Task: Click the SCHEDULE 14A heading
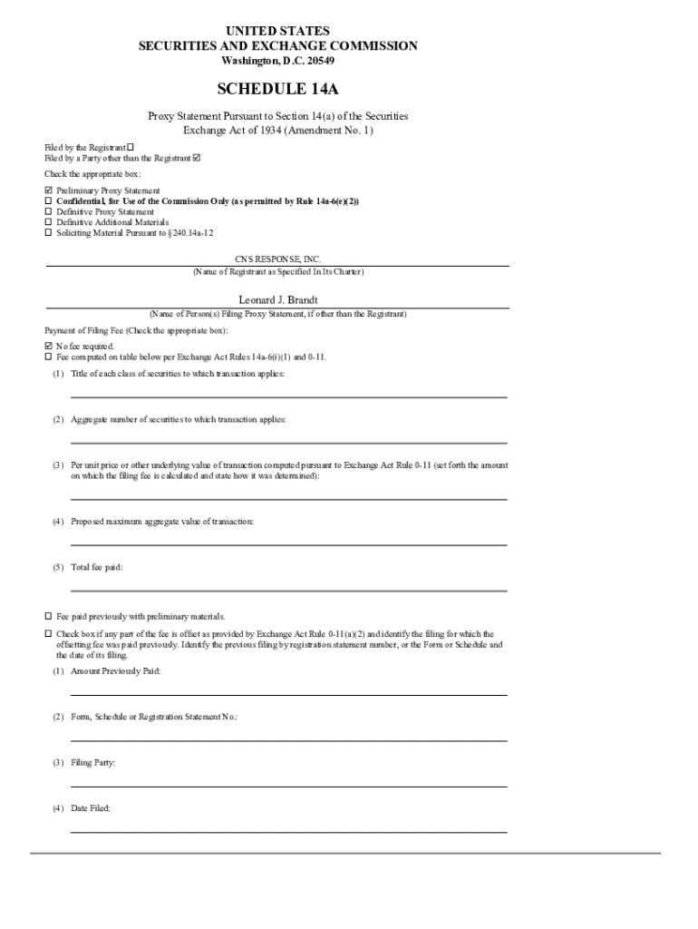277,89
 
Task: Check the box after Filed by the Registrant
130,147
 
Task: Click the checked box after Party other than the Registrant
197,158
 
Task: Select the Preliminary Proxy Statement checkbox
49,191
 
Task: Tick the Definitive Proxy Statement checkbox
49,211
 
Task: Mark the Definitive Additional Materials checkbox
49,222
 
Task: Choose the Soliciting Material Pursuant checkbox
49,232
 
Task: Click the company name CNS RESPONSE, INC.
277,259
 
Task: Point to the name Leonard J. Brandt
277,299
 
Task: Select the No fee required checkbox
49,347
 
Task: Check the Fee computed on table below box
49,357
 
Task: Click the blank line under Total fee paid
288,590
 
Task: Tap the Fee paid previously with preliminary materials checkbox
49,616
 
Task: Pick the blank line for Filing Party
288,786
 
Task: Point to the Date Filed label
91,807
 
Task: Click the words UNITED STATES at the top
277,31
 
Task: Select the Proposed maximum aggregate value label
162,522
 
